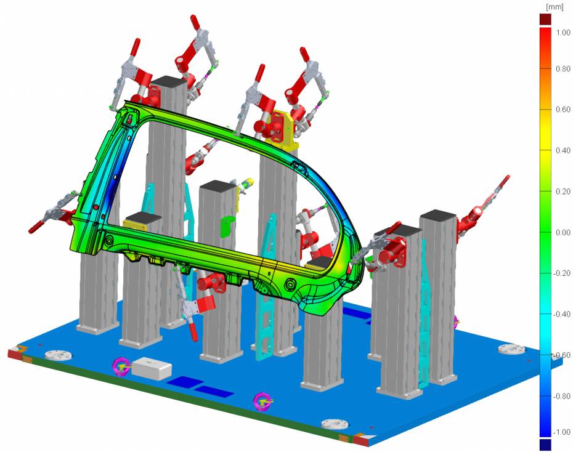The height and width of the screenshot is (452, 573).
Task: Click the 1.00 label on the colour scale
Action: tap(563, 33)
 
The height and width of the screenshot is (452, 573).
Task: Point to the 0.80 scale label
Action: tap(563, 69)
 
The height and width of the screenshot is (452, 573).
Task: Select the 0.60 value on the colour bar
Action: tap(563, 110)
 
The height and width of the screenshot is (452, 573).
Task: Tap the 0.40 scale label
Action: tap(563, 150)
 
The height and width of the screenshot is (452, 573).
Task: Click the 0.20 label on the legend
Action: tap(563, 192)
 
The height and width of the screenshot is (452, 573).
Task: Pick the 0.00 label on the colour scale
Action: tap(563, 233)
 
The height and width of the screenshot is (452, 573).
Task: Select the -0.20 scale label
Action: tap(562, 273)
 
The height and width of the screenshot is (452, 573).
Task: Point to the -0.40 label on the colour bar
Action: tap(562, 314)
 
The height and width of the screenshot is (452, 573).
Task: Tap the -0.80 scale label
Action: tap(562, 396)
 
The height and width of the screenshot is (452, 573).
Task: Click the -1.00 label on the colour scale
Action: tap(562, 432)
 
